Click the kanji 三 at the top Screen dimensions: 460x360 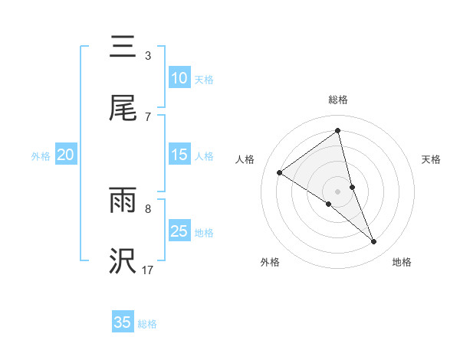[x=123, y=47]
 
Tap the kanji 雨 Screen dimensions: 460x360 [x=123, y=201]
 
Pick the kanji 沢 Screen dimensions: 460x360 [x=123, y=261]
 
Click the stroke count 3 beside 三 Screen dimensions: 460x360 [x=147, y=56]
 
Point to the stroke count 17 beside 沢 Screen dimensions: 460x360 [x=147, y=270]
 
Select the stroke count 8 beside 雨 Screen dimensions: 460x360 [x=147, y=208]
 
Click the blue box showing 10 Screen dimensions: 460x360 [x=179, y=78]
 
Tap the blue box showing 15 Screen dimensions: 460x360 [x=179, y=155]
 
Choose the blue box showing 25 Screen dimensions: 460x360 [x=179, y=231]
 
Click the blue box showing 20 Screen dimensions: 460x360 [x=65, y=155]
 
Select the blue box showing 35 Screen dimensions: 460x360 [x=123, y=322]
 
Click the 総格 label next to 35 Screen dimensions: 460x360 [x=147, y=324]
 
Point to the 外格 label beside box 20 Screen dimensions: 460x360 [x=41, y=156]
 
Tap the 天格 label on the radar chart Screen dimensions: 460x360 [x=431, y=159]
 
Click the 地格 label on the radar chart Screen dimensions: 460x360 [x=402, y=262]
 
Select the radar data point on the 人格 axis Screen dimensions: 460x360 [x=279, y=172]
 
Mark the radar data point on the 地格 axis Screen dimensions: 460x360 [x=374, y=242]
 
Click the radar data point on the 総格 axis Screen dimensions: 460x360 [x=337, y=131]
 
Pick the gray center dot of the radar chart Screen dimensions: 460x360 [x=337, y=190]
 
